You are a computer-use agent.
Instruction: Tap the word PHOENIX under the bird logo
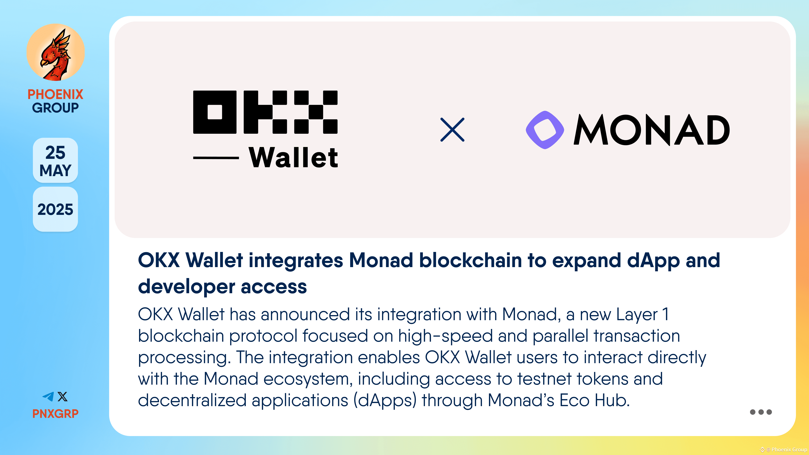55,94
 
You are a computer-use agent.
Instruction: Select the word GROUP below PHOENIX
55,108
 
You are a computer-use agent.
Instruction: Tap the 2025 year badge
55,209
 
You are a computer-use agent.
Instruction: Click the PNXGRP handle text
55,414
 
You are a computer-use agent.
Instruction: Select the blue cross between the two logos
452,130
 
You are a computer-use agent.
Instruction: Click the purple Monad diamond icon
545,130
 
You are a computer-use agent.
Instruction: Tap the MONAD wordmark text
652,130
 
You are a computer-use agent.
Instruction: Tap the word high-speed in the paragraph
445,336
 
